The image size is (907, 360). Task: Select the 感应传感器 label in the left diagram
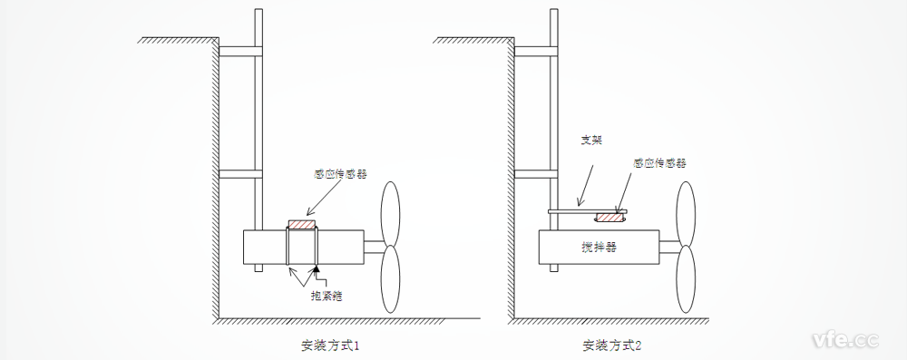tap(340, 173)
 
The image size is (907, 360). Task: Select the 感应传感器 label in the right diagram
tap(659, 163)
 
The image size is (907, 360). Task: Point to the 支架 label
tap(591, 141)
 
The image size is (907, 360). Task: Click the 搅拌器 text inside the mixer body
tap(599, 246)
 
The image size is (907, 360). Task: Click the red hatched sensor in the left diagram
tap(301, 223)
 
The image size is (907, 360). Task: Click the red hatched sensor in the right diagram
tap(610, 217)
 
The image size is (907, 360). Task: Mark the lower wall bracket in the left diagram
tap(239, 173)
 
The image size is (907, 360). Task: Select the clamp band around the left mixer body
tap(302, 248)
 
